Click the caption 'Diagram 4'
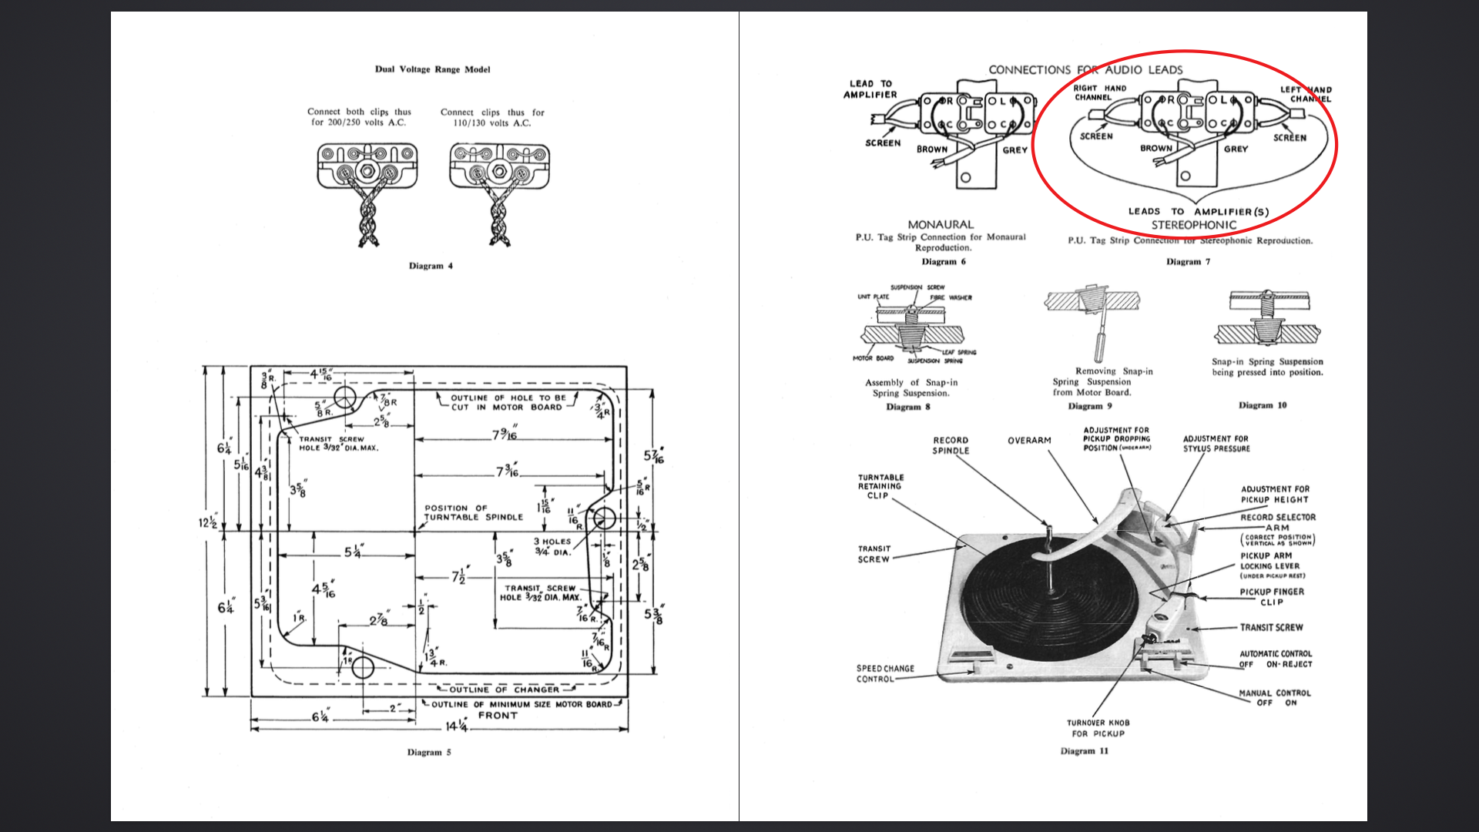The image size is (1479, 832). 431,266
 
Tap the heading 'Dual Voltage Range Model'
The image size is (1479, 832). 432,69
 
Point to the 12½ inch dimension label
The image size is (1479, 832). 207,523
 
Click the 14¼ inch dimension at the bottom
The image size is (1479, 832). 457,726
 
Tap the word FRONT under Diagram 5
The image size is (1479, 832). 498,716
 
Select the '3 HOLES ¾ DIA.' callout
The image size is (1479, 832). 552,546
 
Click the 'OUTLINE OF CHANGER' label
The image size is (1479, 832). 504,689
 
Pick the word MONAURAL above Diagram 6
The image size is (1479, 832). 941,224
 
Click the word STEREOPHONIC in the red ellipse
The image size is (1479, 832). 1193,225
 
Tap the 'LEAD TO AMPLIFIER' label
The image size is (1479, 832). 870,89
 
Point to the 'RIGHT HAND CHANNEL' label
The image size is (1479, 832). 1099,93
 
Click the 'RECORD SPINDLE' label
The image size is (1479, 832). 951,445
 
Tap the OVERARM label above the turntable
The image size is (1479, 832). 1029,441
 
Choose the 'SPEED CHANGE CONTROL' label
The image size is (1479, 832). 885,674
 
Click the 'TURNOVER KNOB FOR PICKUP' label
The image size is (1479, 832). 1098,728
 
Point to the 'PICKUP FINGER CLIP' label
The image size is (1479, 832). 1272,597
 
